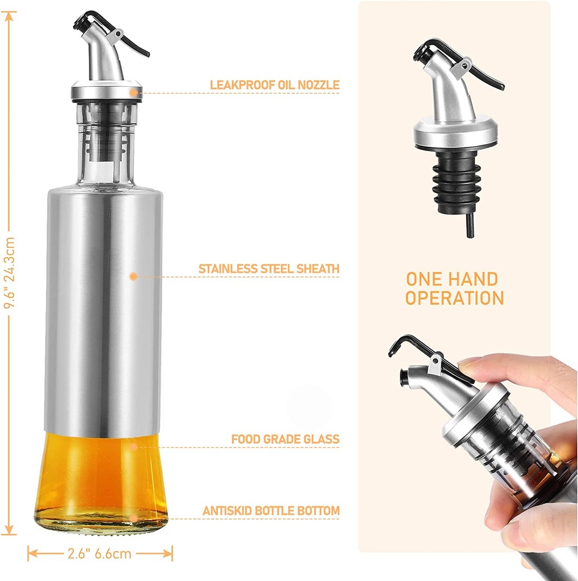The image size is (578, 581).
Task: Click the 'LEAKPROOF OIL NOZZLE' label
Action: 275,85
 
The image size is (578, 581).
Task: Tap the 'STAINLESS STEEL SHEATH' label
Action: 269,268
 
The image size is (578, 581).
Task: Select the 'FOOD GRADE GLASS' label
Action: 285,439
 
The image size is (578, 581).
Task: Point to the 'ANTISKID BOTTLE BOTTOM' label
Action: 271,511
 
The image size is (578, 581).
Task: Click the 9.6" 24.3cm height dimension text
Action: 9,273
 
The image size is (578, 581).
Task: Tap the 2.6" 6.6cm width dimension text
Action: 99,554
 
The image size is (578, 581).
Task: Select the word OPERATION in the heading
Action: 454,298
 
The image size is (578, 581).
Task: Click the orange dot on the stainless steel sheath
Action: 133,276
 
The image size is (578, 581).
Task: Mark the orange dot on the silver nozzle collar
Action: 133,92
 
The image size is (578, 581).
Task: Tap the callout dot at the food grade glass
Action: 134,447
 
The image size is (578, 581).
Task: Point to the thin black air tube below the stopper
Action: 470,225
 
